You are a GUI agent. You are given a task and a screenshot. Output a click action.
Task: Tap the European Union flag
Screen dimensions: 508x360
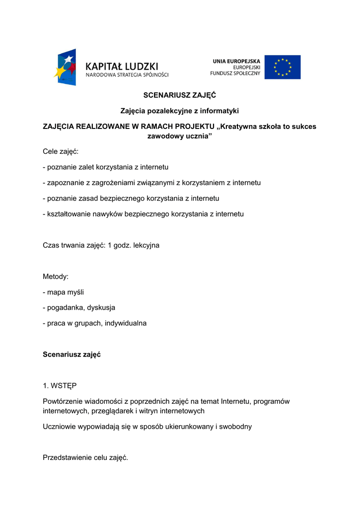pyautogui.click(x=282, y=67)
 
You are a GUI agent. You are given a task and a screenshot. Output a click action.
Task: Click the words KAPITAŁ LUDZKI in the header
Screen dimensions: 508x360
pyautogui.click(x=122, y=65)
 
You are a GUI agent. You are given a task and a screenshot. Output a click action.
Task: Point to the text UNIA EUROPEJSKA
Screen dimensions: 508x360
pyautogui.click(x=236, y=61)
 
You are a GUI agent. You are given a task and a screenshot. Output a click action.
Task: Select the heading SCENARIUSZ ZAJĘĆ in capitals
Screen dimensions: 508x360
pyautogui.click(x=180, y=95)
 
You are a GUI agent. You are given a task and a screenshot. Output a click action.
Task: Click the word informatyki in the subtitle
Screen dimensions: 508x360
pyautogui.click(x=219, y=111)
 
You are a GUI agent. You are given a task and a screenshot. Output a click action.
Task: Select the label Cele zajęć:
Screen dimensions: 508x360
pyautogui.click(x=61, y=151)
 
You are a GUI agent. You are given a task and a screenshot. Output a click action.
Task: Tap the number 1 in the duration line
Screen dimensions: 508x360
pyautogui.click(x=110, y=245)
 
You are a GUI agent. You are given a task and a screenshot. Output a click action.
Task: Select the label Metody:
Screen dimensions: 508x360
pyautogui.click(x=56, y=276)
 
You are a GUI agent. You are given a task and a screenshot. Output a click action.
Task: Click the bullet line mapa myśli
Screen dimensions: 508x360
pyautogui.click(x=65, y=292)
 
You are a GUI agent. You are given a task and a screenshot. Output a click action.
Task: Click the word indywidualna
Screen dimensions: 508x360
pyautogui.click(x=125, y=323)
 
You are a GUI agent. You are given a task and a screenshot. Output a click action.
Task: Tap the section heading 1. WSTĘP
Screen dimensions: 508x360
pyautogui.click(x=60, y=385)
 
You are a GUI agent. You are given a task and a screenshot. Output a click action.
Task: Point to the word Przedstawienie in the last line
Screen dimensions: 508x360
pyautogui.click(x=68, y=457)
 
